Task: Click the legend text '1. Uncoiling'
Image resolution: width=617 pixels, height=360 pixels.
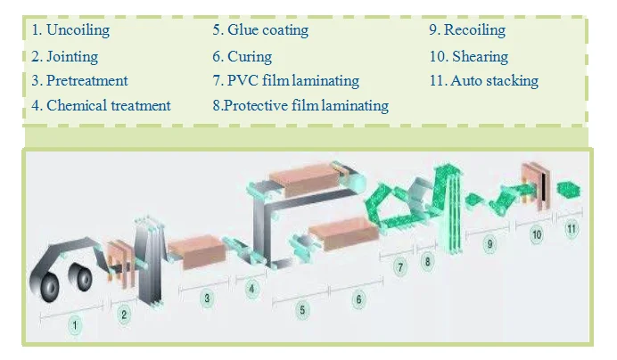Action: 72,30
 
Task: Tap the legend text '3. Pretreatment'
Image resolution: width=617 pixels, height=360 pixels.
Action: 79,80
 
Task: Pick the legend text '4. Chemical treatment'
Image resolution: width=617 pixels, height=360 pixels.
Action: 101,105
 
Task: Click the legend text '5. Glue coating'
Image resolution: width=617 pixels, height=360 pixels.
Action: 260,30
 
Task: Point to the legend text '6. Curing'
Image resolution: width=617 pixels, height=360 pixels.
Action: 242,56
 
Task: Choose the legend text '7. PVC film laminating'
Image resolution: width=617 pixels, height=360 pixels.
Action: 285,80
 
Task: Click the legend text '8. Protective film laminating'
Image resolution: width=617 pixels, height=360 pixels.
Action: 300,105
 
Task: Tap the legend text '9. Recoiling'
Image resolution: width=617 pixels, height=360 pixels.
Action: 466,30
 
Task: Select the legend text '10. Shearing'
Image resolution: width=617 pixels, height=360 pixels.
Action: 468,56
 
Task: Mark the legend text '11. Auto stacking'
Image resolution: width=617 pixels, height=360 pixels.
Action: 483,80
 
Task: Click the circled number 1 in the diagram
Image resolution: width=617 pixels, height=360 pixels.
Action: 76,327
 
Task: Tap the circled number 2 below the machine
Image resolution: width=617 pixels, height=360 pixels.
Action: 125,313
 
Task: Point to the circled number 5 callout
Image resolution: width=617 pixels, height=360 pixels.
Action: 302,310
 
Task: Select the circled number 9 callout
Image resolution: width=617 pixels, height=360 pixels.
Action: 489,243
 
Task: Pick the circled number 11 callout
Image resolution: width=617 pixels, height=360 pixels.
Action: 572,228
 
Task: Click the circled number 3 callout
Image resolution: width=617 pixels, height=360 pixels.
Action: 207,299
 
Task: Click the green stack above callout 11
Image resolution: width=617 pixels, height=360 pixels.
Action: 566,189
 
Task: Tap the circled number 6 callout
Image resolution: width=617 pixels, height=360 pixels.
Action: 358,299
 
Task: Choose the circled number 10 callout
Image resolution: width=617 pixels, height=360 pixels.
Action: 536,234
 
